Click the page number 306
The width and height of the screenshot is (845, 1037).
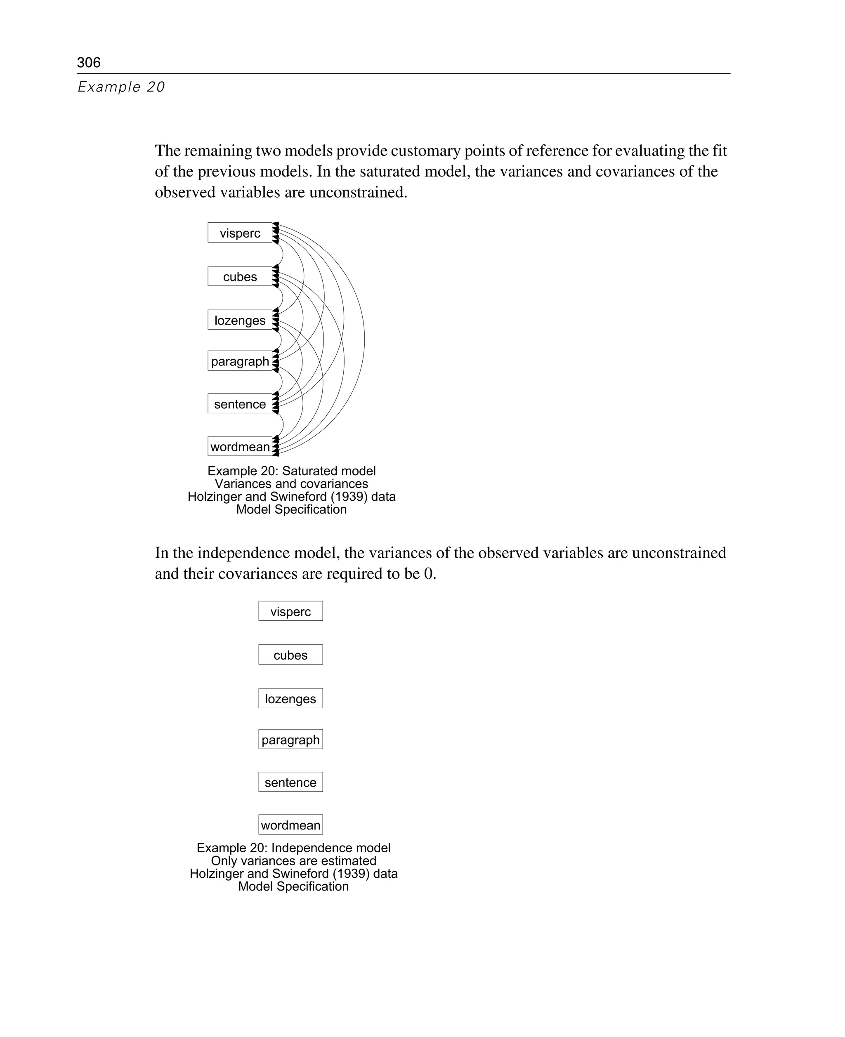(x=89, y=62)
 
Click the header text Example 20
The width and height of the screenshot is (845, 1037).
(x=121, y=87)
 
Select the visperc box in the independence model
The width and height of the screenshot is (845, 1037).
(x=290, y=611)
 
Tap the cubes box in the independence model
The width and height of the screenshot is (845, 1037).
(x=290, y=655)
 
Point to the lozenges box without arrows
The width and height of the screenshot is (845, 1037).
(x=290, y=698)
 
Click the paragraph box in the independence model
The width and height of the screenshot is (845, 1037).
(x=290, y=739)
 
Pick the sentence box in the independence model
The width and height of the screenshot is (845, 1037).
(x=290, y=782)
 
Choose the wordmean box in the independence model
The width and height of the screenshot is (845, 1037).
(x=290, y=825)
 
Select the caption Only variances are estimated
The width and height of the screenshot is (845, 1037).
(x=293, y=860)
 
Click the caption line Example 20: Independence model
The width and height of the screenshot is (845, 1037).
(x=293, y=848)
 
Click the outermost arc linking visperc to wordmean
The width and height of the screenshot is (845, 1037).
(x=364, y=339)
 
